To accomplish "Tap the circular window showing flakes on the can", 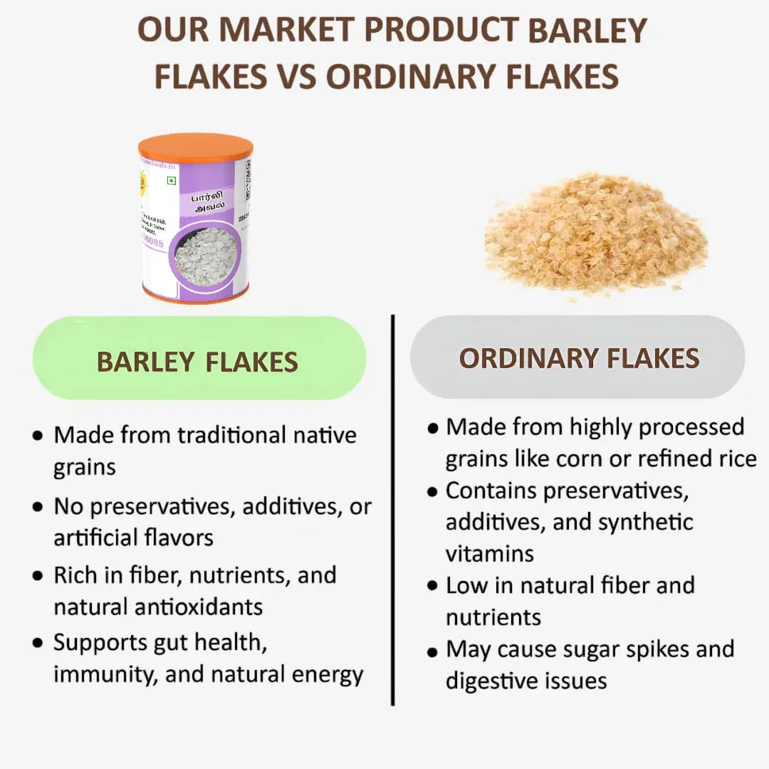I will [206, 257].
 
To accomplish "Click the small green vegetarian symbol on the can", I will [171, 181].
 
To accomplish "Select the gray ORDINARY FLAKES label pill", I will [578, 357].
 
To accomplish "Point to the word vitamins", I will [490, 553].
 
